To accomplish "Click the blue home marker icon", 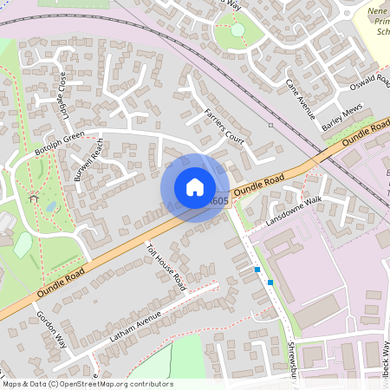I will click(195, 187).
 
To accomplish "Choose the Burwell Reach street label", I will click(89, 162).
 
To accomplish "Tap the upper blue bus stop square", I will click(257, 270).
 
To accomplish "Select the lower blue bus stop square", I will click(270, 282).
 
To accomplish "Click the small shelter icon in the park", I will click(35, 198).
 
